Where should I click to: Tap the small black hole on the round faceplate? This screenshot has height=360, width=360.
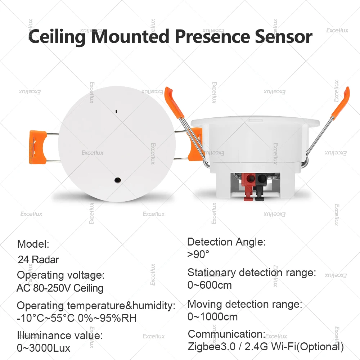[117, 179]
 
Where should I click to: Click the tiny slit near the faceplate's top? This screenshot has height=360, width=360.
[117, 111]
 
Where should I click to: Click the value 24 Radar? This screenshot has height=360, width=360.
[38, 260]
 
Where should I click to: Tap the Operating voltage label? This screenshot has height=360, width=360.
[60, 275]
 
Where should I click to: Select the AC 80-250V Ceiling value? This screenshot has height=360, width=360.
[60, 288]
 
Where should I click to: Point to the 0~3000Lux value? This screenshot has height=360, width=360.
[44, 348]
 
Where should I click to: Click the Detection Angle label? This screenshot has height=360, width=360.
[226, 242]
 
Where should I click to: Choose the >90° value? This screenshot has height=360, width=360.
[198, 254]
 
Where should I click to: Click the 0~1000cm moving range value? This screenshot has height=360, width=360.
[212, 317]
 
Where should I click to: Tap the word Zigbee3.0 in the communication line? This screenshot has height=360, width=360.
[211, 347]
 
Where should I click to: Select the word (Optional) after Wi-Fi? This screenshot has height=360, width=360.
[321, 347]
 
